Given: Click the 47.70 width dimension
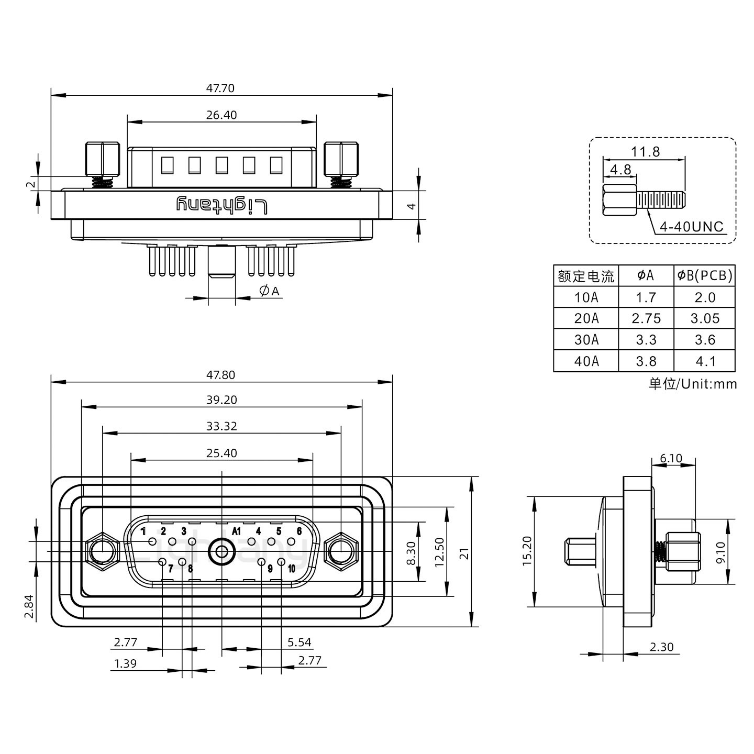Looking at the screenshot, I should (x=220, y=88).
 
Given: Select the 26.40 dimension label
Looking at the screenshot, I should (x=221, y=115).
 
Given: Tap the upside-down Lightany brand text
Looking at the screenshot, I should (x=221, y=205).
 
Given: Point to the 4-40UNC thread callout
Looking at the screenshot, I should (x=691, y=227).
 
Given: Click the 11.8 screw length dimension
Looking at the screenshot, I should (x=645, y=152).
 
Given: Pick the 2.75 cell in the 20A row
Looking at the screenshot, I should (x=646, y=318).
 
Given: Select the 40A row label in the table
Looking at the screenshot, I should (x=586, y=361).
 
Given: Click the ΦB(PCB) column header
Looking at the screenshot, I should (x=705, y=275).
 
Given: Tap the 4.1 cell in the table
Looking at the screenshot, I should (x=705, y=361).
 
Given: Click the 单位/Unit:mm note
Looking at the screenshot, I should (x=692, y=384).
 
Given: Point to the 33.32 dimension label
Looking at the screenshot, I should (x=221, y=426).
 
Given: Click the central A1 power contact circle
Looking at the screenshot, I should (x=221, y=552).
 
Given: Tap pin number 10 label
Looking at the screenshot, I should (x=291, y=569).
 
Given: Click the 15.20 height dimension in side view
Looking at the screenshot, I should (x=527, y=551).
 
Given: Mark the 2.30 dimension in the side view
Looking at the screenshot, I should (x=661, y=647).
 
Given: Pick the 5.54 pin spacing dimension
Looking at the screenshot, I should (x=299, y=642).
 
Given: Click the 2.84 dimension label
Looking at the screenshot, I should (x=29, y=606).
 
